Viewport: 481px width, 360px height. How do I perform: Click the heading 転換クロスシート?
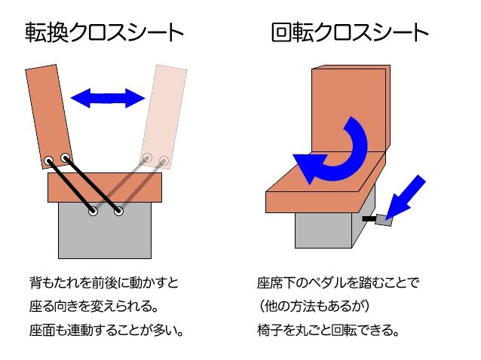click(x=104, y=32)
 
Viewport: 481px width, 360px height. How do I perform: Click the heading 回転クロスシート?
click(x=350, y=32)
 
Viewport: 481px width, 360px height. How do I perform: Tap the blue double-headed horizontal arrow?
click(x=108, y=98)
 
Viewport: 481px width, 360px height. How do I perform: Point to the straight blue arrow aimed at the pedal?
click(x=405, y=197)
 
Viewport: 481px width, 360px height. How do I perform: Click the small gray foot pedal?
click(x=384, y=220)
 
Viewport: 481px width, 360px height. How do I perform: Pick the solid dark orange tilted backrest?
click(x=49, y=117)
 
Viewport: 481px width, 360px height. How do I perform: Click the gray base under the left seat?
click(x=105, y=230)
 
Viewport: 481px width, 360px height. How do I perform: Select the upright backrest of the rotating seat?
click(x=350, y=110)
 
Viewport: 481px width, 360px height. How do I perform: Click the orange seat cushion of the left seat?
click(x=105, y=188)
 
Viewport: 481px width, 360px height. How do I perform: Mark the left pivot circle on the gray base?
click(x=93, y=211)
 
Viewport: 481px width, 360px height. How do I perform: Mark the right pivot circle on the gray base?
click(x=118, y=211)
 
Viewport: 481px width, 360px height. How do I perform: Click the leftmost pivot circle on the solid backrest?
click(x=48, y=160)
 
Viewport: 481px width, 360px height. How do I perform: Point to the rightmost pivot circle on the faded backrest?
click(x=164, y=160)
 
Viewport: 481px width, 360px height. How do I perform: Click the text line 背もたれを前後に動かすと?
click(x=104, y=282)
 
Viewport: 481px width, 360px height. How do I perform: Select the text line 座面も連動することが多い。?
click(x=106, y=331)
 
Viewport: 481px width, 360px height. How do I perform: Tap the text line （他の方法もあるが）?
click(x=314, y=306)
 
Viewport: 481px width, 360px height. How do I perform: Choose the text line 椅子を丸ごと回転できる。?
click(x=328, y=331)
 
